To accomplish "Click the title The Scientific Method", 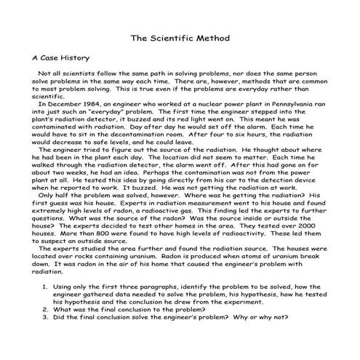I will coord(180,36).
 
